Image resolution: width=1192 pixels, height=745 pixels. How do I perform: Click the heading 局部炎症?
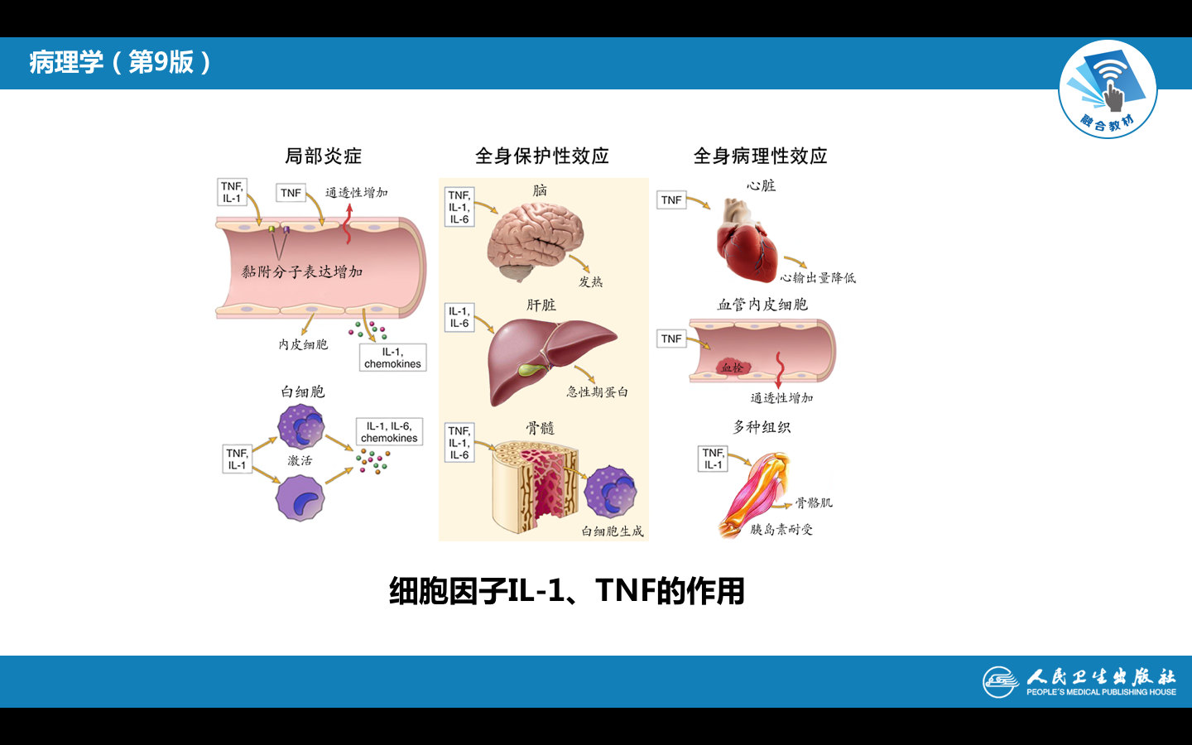point(323,156)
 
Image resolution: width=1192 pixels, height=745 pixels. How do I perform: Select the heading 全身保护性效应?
point(542,156)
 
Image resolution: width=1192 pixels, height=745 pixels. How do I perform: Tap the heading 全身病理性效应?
point(760,156)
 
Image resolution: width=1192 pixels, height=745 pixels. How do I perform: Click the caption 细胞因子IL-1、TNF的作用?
point(567,591)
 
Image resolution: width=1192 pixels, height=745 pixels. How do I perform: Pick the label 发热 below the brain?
point(590,282)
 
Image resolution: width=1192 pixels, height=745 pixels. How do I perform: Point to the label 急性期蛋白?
point(597,392)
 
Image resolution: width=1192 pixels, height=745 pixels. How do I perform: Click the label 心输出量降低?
point(818,278)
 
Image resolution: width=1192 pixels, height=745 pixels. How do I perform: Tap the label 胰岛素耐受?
point(781,530)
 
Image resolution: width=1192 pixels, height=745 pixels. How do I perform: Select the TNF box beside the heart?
point(671,200)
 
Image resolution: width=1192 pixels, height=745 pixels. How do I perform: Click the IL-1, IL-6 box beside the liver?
point(459,318)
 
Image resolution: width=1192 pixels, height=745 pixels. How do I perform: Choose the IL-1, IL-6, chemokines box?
point(389,432)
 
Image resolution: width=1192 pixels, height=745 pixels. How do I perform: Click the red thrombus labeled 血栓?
point(731,367)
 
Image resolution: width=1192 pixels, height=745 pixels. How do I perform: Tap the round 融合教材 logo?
point(1108,89)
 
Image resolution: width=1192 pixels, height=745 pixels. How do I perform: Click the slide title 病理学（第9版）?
point(121,62)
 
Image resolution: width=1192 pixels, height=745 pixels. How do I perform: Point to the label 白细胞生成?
point(612,531)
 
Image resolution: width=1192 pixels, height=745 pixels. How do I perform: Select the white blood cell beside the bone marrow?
point(610,491)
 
